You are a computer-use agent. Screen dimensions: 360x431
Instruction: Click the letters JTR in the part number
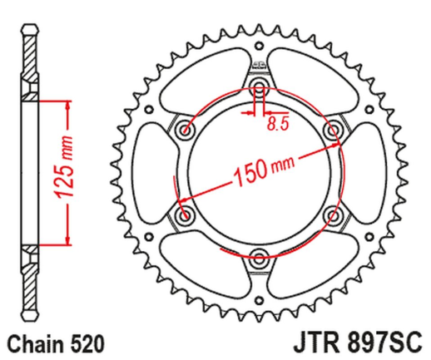315,341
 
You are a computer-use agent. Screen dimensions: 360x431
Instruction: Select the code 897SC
383,341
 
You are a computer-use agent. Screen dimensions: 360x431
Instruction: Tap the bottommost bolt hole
259,254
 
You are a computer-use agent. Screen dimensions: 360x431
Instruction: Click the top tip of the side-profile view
30,22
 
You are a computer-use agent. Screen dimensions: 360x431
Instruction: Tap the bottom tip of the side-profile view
30,321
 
